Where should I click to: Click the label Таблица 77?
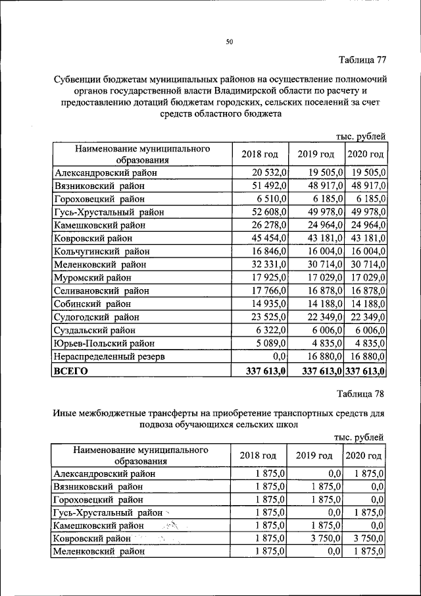362,60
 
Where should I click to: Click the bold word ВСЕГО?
70,371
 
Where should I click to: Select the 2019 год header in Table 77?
316,154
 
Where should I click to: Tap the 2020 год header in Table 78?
365,456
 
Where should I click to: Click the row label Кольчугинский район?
102,252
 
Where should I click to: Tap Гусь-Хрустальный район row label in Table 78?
109,512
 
